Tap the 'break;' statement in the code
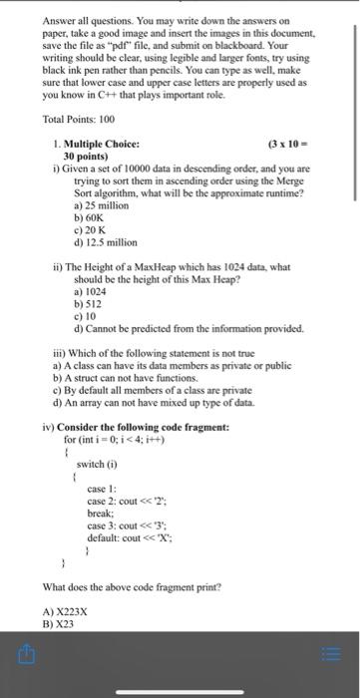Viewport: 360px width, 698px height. pyautogui.click(x=101, y=501)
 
